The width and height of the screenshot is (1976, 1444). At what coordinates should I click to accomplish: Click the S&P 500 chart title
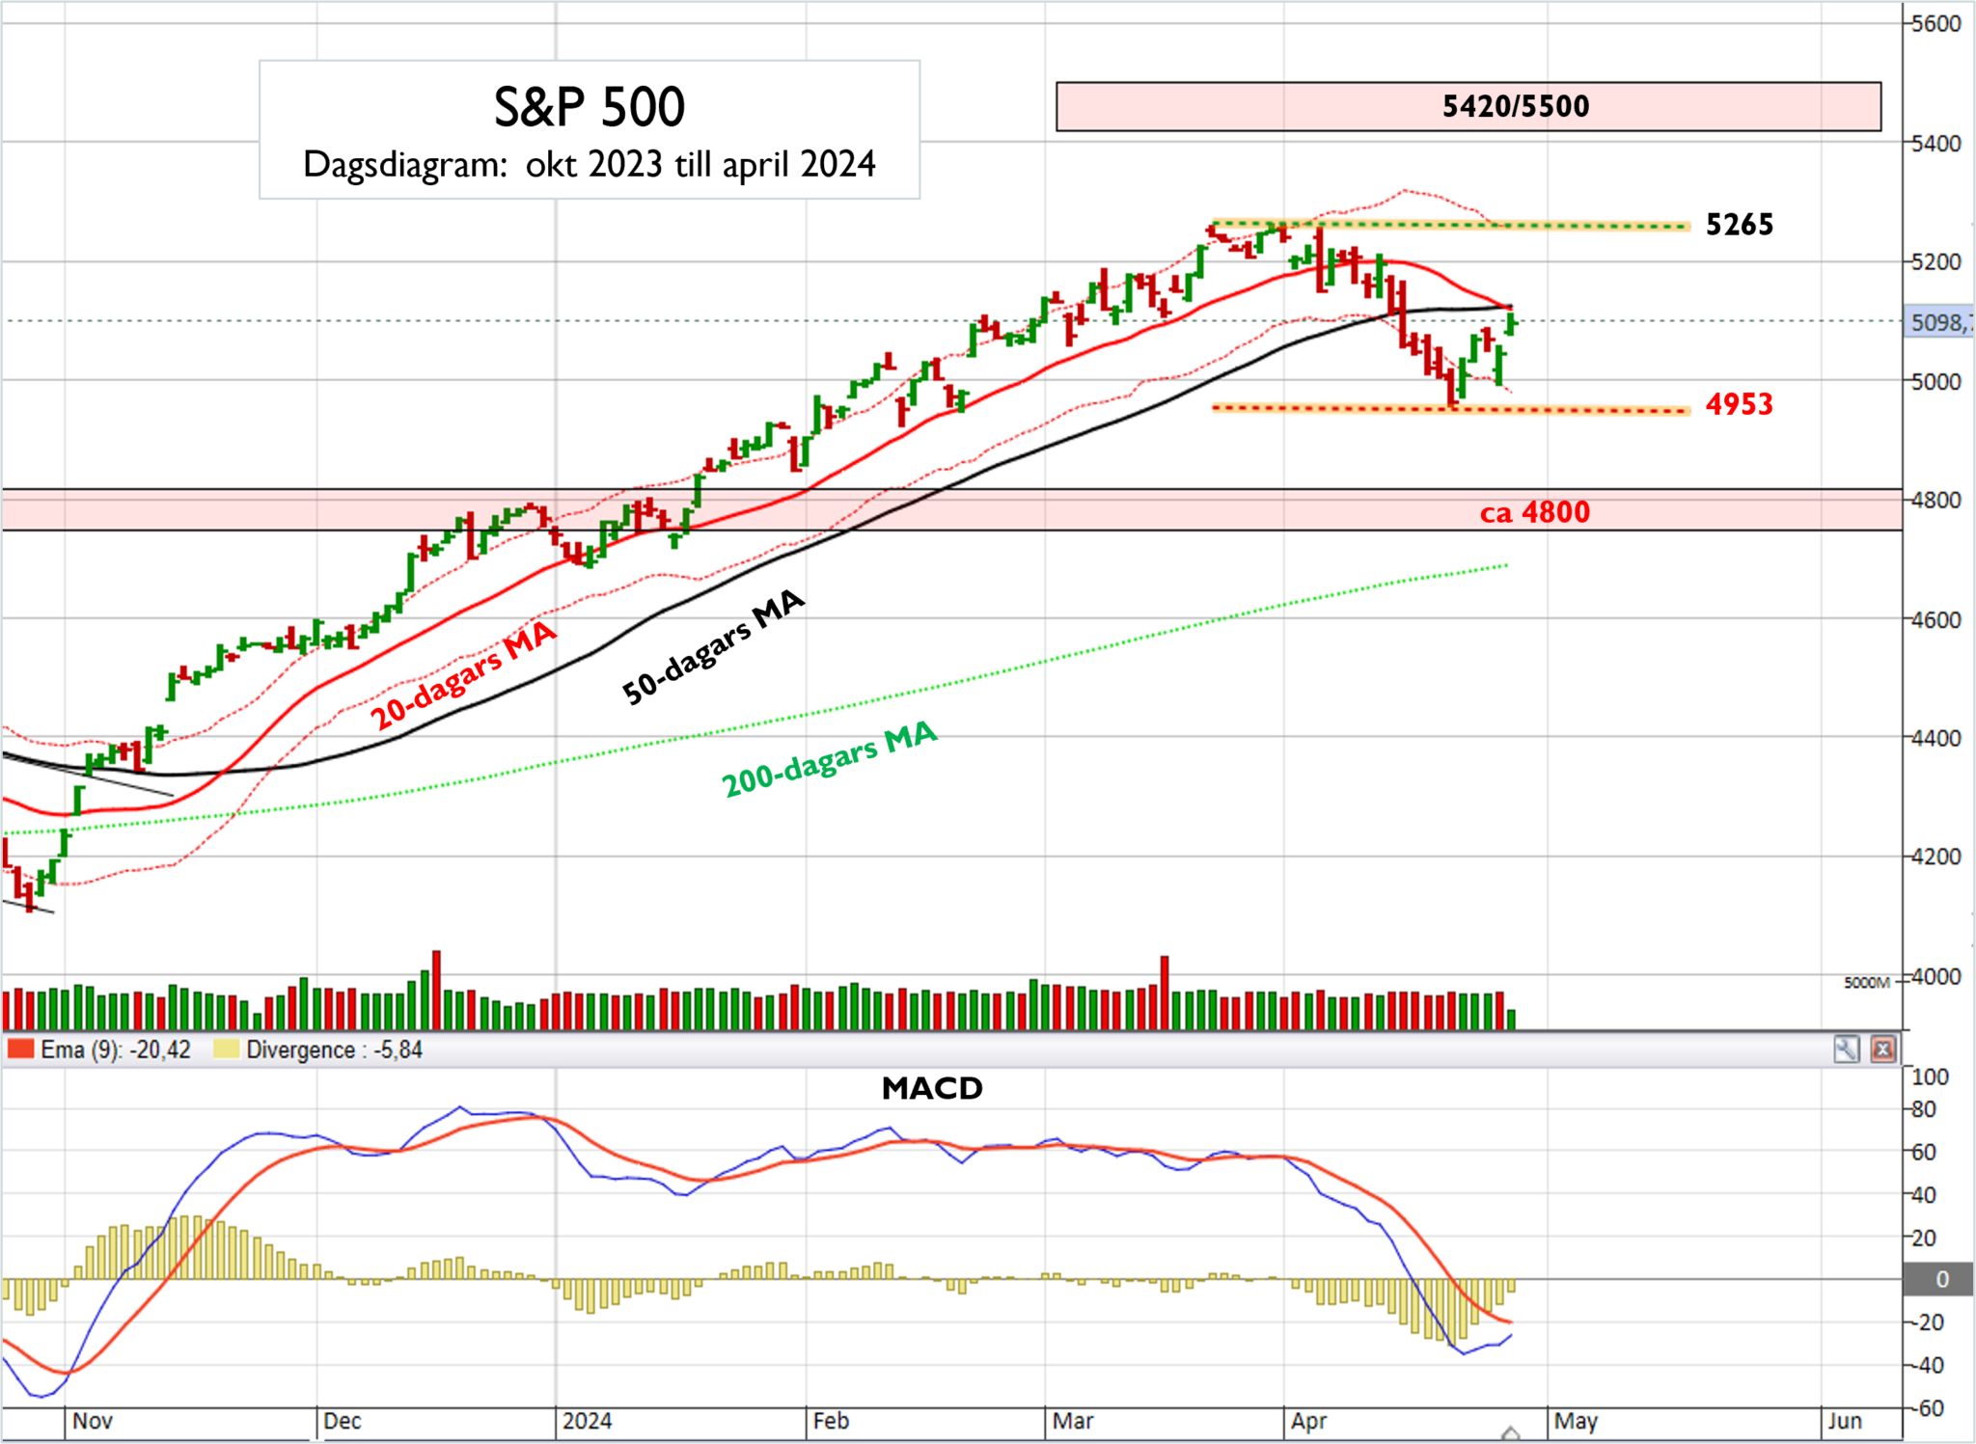point(590,107)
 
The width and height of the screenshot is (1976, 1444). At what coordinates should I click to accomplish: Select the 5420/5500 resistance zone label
point(1515,106)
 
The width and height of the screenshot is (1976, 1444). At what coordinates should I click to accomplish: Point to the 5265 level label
point(1739,225)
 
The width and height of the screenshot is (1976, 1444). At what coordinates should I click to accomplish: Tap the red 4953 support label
point(1739,404)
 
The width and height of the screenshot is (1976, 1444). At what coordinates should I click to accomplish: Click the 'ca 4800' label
point(1534,512)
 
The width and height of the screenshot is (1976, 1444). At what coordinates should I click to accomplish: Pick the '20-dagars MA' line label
point(463,675)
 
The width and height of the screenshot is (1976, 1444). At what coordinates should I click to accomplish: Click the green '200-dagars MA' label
point(830,759)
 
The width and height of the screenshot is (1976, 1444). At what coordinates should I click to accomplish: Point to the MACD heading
point(932,1088)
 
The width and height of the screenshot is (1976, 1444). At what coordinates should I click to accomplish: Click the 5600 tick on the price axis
point(1935,24)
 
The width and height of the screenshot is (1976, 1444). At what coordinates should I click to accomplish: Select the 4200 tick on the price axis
point(1935,857)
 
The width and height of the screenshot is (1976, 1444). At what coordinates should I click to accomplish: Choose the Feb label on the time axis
point(831,1421)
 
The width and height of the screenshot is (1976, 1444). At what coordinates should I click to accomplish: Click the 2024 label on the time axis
point(587,1421)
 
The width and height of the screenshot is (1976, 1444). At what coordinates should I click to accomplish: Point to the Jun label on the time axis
point(1844,1421)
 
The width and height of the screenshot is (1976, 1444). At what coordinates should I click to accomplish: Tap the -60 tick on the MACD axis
point(1930,1408)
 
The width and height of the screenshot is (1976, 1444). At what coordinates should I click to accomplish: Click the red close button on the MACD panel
point(1882,1049)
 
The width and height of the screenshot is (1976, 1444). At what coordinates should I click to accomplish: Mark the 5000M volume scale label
point(1866,983)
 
